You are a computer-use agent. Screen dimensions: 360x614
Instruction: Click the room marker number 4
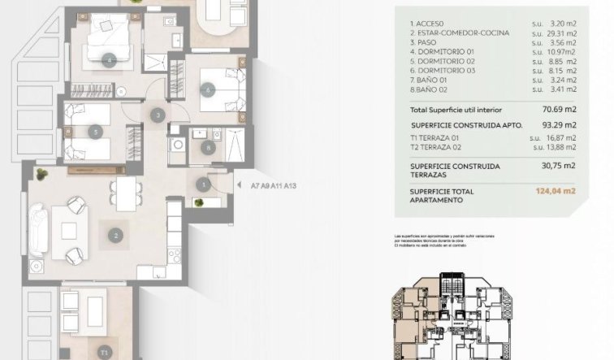click(x=110, y=59)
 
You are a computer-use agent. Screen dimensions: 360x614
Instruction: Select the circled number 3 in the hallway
click(x=158, y=115)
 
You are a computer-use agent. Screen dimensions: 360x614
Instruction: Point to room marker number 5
click(x=96, y=131)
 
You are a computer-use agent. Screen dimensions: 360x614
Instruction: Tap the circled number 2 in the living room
click(x=117, y=236)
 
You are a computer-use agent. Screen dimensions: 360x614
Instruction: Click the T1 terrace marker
click(x=104, y=352)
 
